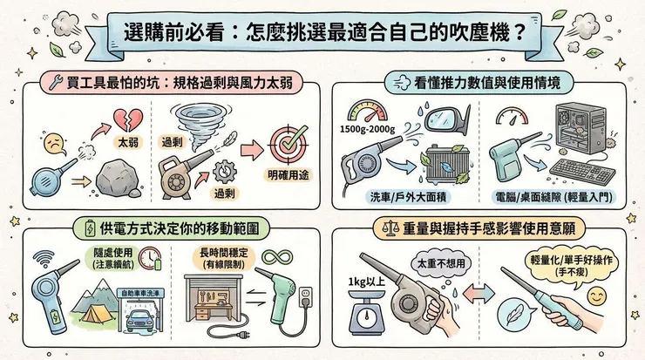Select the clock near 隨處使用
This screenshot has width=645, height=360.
tap(148, 259)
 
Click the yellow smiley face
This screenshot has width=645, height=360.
tap(596, 297)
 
